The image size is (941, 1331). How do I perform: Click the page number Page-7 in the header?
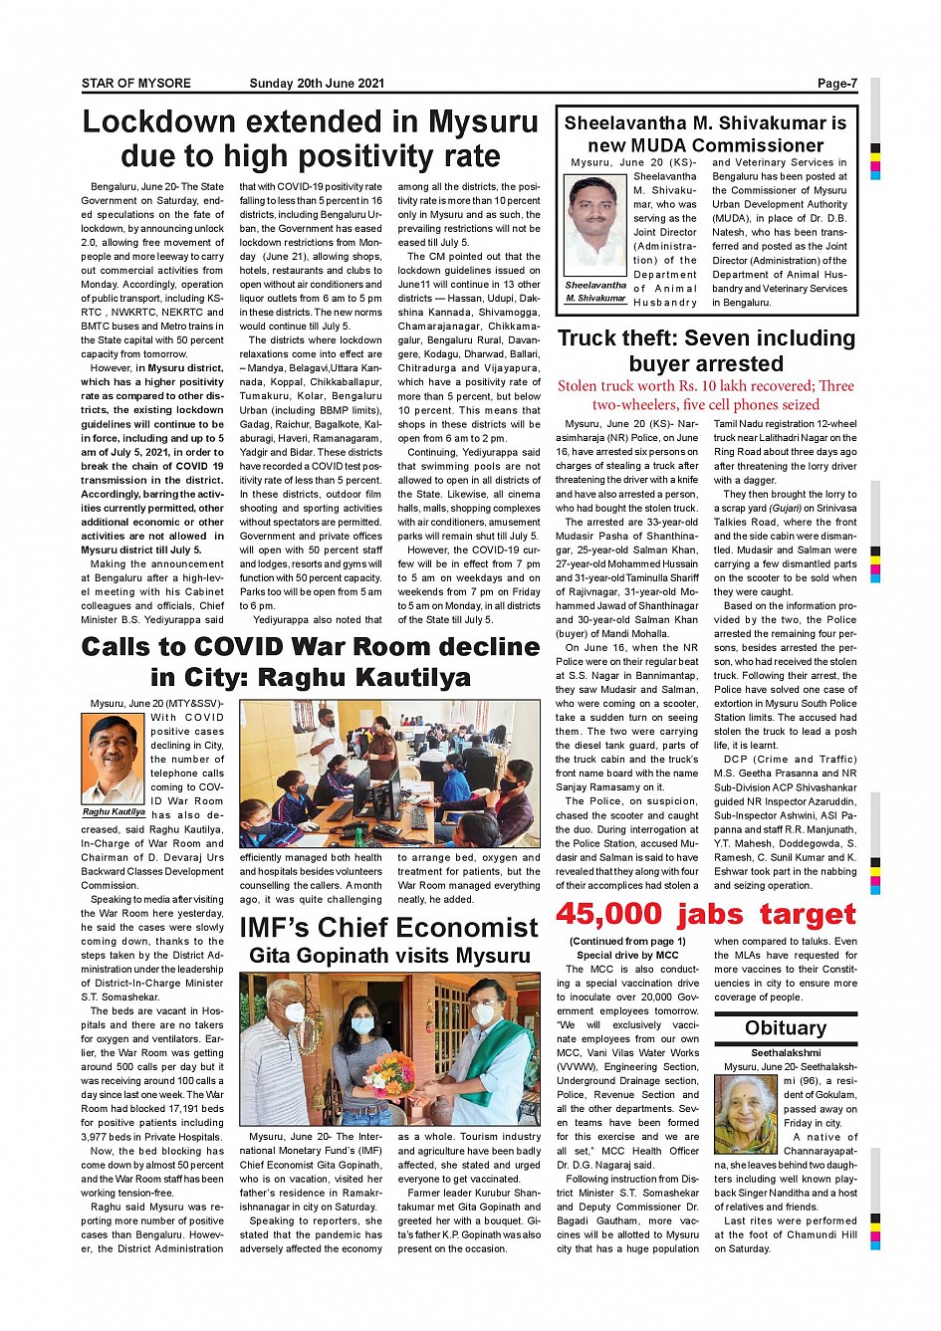[x=836, y=84]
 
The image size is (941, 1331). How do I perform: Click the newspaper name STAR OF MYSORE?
[x=136, y=84]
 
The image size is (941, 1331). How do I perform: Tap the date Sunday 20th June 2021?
[x=317, y=84]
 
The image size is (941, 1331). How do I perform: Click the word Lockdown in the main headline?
[x=159, y=121]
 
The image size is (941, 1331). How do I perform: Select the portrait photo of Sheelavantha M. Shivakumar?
[x=595, y=225]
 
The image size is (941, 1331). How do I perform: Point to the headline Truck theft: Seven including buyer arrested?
[x=706, y=350]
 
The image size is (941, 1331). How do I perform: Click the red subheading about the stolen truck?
[x=706, y=395]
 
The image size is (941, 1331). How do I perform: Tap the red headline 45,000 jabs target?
[x=706, y=914]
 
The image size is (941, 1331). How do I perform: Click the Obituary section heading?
[x=786, y=1028]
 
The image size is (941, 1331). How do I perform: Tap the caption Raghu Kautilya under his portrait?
[x=114, y=812]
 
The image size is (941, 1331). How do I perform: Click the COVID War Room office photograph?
[x=389, y=774]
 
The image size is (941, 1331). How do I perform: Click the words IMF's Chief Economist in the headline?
[x=389, y=928]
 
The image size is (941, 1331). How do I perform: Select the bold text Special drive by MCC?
[x=627, y=956]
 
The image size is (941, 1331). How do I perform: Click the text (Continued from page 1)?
[x=627, y=942]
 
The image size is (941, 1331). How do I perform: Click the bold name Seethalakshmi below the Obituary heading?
[x=786, y=1053]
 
